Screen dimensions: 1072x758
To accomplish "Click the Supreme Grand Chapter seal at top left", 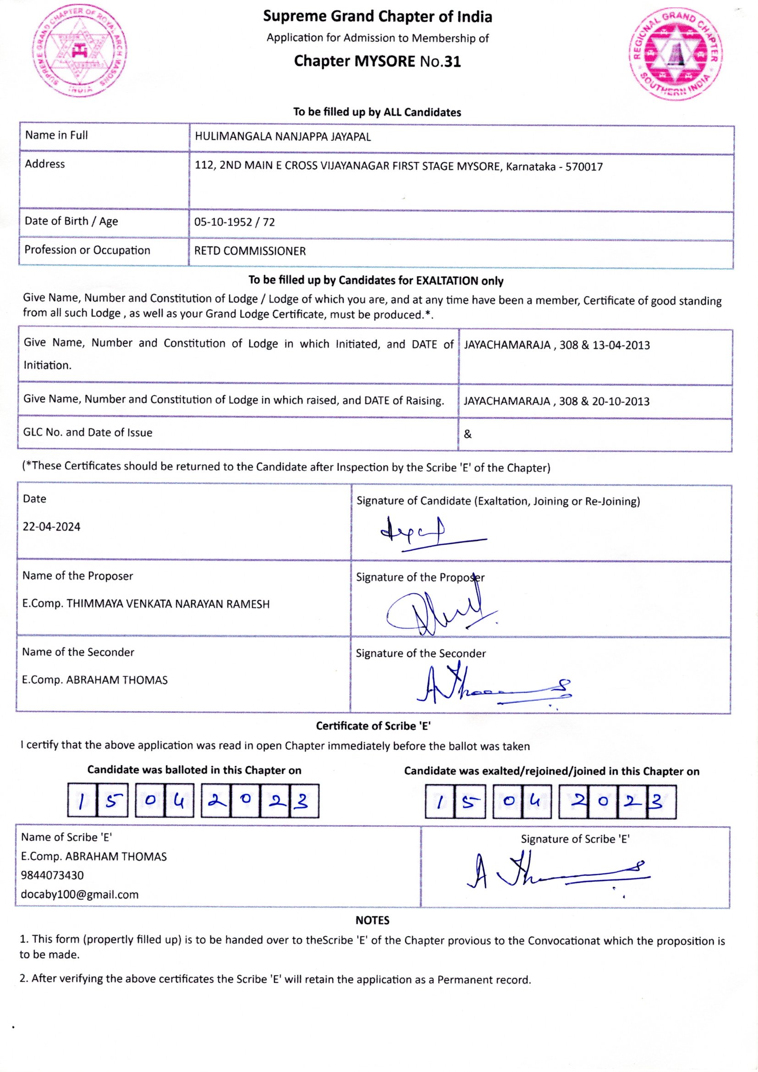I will coord(80,52).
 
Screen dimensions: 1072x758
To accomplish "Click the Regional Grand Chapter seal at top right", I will coord(676,55).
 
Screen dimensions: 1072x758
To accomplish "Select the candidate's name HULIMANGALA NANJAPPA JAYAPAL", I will coord(282,137).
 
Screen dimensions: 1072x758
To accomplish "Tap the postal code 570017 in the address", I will coord(584,167).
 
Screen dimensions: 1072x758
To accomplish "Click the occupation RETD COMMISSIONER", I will coord(250,251).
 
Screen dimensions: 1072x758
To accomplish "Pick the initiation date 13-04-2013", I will coord(621,345).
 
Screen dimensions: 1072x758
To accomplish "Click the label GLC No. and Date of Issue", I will coord(88,432).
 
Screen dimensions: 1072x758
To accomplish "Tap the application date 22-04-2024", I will coord(51,527).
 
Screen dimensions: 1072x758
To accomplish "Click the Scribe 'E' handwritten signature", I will coord(555,872).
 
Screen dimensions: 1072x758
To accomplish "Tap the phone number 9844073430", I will coord(52,875).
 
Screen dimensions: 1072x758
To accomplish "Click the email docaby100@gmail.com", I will coord(80,894).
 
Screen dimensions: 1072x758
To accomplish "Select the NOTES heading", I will coord(372,920).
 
